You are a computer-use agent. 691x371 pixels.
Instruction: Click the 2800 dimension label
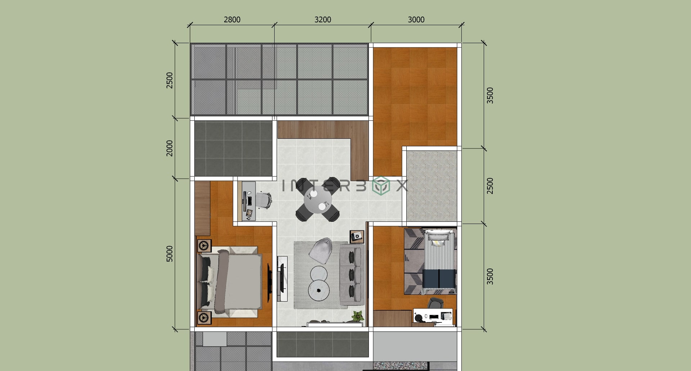coord(232,19)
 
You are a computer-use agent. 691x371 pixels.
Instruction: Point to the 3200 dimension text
coord(322,19)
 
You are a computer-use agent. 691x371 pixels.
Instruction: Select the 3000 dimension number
coord(416,19)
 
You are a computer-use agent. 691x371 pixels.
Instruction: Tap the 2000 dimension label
coord(170,148)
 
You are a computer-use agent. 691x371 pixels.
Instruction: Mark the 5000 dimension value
coord(170,254)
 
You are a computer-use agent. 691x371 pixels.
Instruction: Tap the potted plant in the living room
coord(357,316)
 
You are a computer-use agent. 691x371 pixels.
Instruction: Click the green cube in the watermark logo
coord(381,186)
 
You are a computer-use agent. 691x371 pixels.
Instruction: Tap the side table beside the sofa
coord(357,236)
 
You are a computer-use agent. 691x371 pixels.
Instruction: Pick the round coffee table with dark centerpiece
coord(319,290)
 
